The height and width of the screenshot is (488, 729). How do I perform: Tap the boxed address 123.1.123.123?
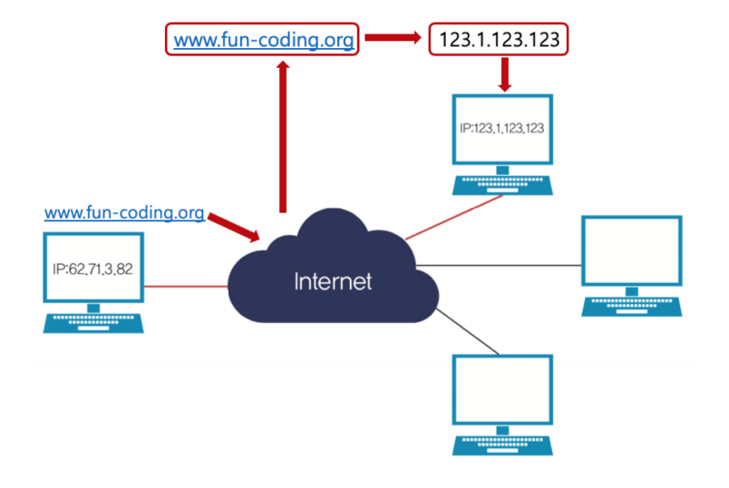pyautogui.click(x=500, y=40)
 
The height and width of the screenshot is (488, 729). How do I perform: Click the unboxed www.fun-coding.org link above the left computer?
pyautogui.click(x=124, y=213)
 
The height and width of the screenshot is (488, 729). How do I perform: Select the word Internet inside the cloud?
pyautogui.click(x=333, y=281)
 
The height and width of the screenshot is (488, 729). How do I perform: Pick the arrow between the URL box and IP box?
pyautogui.click(x=392, y=40)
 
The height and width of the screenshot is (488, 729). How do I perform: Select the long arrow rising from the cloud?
pyautogui.click(x=283, y=136)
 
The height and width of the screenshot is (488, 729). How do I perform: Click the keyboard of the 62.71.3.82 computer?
pyautogui.click(x=93, y=322)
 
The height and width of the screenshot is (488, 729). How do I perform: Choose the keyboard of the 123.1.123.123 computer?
pyautogui.click(x=502, y=185)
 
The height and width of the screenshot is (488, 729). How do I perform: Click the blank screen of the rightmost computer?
pyautogui.click(x=630, y=253)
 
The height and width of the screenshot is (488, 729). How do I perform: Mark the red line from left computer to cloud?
pyautogui.click(x=185, y=287)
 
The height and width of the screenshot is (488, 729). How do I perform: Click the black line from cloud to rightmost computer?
pyautogui.click(x=508, y=265)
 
